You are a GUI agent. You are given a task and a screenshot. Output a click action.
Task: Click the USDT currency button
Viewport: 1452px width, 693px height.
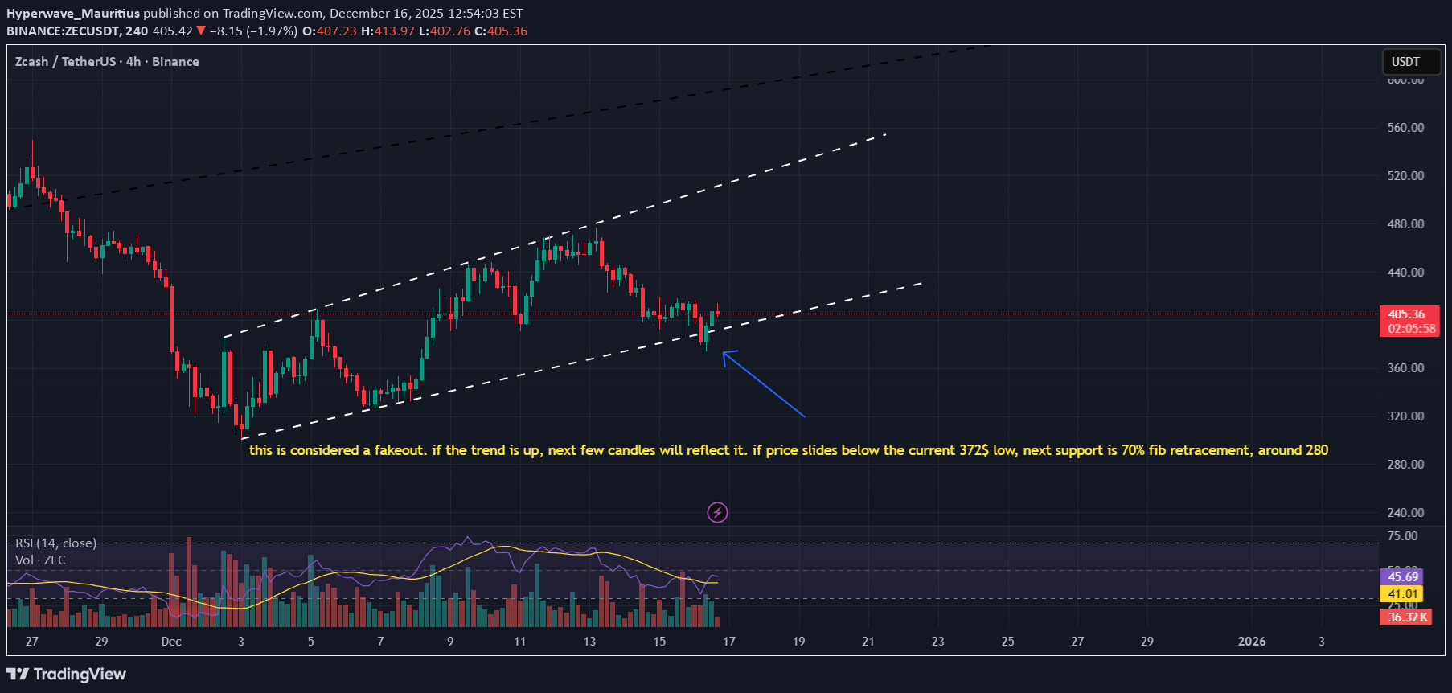[1405, 62]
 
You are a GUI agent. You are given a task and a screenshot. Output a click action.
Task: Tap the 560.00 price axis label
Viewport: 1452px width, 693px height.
[1405, 128]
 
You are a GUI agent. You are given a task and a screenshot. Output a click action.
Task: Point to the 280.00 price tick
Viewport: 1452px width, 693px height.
[1405, 465]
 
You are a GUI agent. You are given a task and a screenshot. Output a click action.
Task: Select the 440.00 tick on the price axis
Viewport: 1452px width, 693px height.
[1405, 273]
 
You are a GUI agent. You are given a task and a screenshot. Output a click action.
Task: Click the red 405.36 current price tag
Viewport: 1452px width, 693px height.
[1406, 314]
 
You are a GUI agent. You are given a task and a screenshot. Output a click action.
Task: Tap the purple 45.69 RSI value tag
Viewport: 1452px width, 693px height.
[1402, 577]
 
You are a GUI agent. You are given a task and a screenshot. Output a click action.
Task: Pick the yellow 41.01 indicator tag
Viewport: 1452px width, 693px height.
[1402, 594]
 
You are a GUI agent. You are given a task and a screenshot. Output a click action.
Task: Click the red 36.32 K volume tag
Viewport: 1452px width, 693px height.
[1407, 617]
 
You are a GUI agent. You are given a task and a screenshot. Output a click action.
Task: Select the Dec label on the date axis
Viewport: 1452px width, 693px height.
[171, 642]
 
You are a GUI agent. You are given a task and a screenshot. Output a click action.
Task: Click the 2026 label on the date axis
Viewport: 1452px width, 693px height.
[1251, 642]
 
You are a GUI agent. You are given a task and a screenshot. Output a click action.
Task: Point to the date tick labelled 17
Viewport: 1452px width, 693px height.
[729, 642]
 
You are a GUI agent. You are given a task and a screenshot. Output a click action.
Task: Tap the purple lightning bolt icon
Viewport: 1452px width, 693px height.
[717, 512]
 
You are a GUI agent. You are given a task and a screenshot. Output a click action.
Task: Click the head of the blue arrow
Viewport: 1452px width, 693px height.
[724, 354]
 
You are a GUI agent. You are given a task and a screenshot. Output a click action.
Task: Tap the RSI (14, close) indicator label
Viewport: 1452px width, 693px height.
[55, 543]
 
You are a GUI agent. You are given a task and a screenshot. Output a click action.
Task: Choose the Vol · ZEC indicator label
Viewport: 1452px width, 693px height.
[40, 560]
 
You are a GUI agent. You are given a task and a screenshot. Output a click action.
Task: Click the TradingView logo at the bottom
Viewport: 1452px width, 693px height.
[67, 674]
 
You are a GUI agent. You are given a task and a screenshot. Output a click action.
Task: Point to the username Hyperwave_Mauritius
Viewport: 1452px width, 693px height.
[73, 14]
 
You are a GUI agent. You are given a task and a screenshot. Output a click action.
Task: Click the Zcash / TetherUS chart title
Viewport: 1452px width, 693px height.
[67, 62]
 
